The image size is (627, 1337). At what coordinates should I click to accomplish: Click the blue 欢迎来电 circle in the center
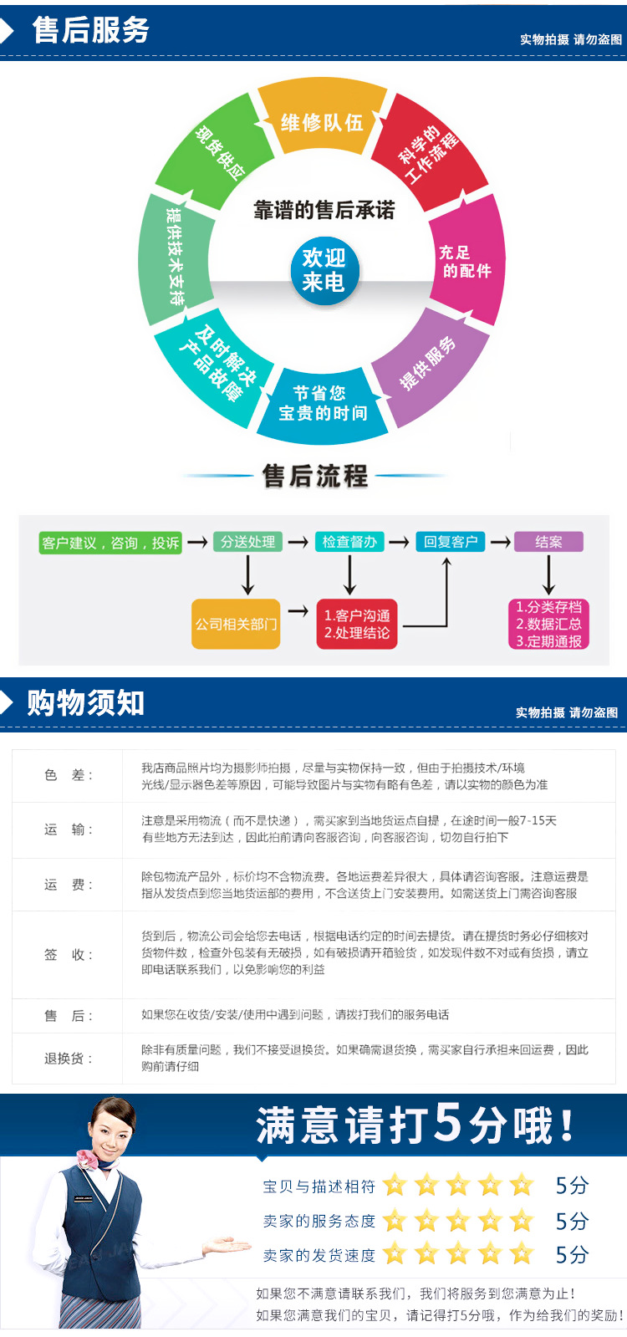point(325,271)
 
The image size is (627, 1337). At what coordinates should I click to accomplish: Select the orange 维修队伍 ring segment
point(322,120)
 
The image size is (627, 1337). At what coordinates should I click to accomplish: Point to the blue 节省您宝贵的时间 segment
point(322,405)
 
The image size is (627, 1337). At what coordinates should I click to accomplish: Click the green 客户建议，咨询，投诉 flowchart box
point(110,543)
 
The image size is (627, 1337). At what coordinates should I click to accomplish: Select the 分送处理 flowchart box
point(247,541)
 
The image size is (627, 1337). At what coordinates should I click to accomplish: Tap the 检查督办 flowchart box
point(349,541)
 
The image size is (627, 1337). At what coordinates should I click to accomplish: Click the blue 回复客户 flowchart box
point(451,541)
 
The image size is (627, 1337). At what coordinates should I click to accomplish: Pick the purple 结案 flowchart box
point(549,541)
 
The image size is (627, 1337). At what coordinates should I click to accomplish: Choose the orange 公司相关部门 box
point(236,624)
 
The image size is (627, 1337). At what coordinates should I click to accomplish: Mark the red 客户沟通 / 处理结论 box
point(357,624)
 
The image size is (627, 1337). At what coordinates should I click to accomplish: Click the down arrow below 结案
point(549,574)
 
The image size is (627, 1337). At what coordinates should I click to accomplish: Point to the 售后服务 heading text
point(90,30)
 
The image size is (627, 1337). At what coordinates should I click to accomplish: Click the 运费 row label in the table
point(69,885)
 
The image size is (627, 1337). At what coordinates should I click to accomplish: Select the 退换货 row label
point(69,1059)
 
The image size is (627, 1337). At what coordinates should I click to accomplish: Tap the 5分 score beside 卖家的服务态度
point(572,1222)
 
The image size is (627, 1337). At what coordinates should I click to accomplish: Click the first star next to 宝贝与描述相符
point(395,1185)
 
